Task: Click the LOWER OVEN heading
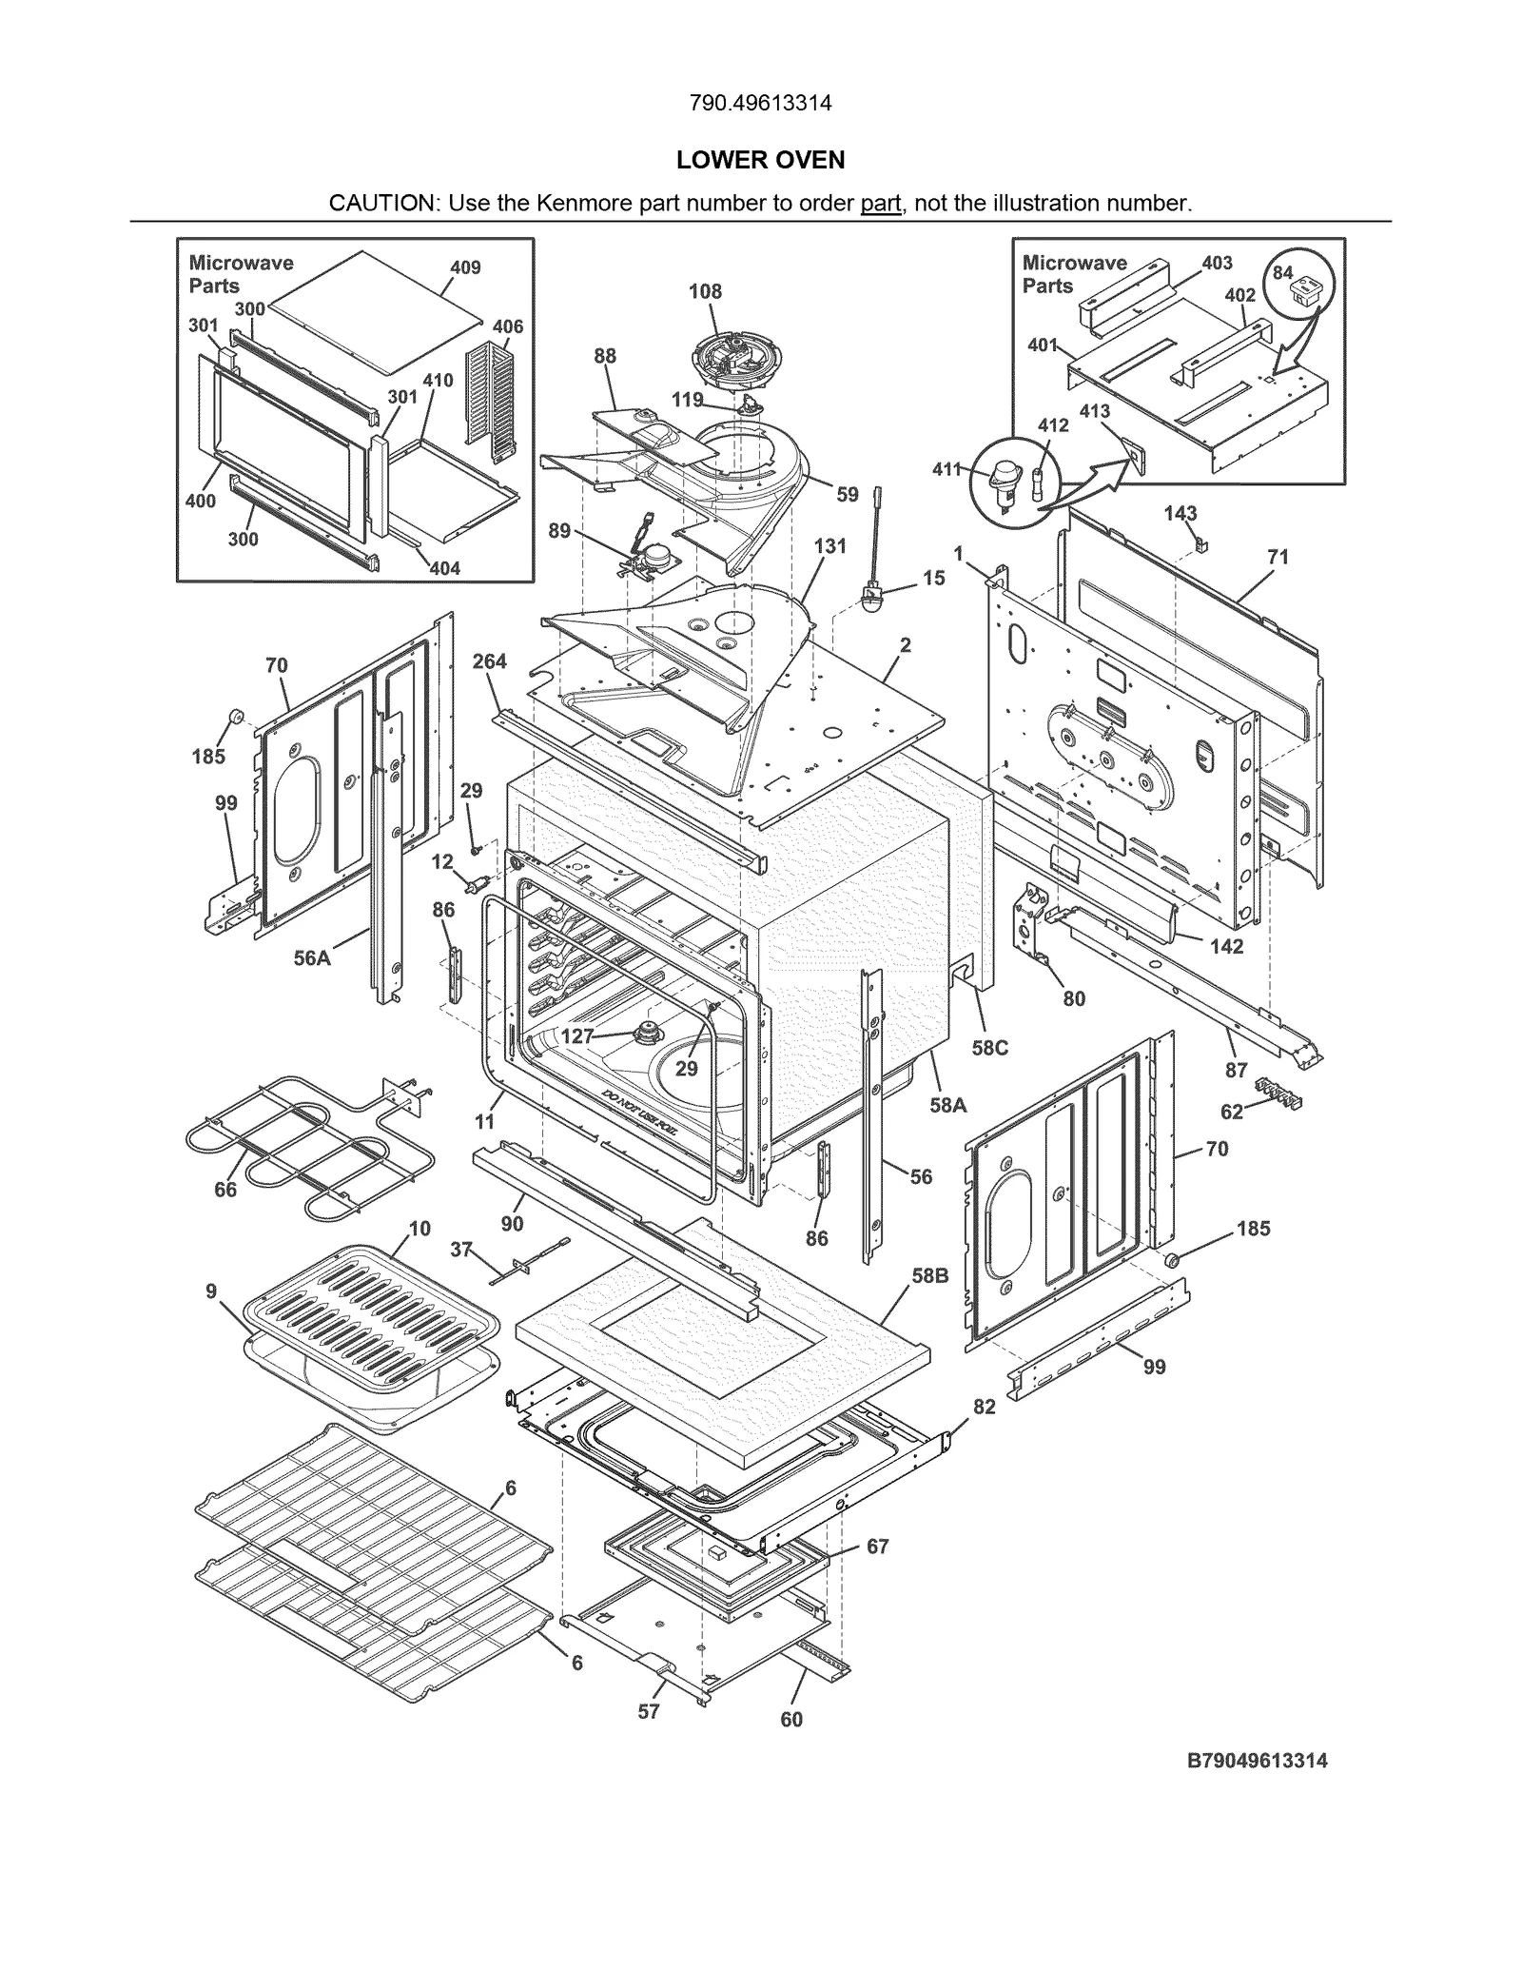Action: pyautogui.click(x=760, y=160)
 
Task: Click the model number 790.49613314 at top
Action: pyautogui.click(x=760, y=103)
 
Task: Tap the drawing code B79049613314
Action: pyautogui.click(x=1257, y=1761)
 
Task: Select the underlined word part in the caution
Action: pyautogui.click(x=880, y=204)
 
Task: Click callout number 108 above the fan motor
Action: pyautogui.click(x=705, y=291)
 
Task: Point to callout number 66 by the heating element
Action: pyautogui.click(x=225, y=1190)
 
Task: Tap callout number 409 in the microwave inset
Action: pyautogui.click(x=465, y=267)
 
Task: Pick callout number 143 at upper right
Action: pyautogui.click(x=1181, y=513)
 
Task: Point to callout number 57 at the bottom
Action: pyautogui.click(x=648, y=1738)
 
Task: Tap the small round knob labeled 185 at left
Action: pyautogui.click(x=233, y=716)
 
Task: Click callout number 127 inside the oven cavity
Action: pyautogui.click(x=577, y=1036)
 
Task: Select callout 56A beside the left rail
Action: pyautogui.click(x=311, y=958)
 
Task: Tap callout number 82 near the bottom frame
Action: pyautogui.click(x=984, y=1407)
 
